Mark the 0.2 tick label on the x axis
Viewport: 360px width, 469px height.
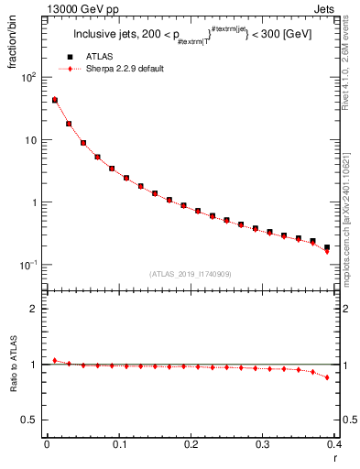[x=191, y=444]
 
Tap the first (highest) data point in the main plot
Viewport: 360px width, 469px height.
[x=54, y=100]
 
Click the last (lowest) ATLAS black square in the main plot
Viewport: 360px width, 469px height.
[x=326, y=247]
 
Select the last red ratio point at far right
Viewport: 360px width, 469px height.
[x=326, y=377]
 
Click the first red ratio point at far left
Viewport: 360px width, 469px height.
[x=54, y=360]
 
